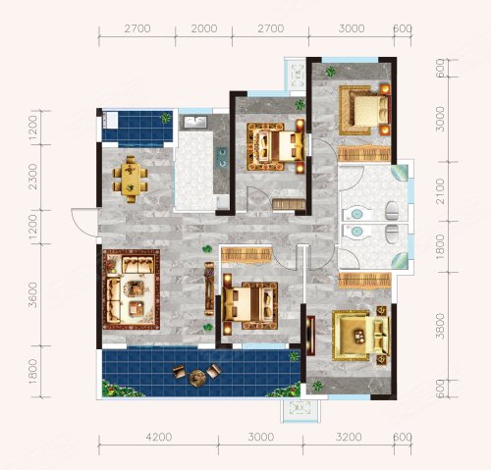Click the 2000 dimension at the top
(204, 28)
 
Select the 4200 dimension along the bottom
(159, 437)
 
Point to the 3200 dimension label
(349, 437)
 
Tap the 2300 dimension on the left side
(33, 177)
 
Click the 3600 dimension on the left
(33, 295)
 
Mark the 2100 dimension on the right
(441, 191)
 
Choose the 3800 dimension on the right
(441, 326)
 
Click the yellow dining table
(131, 179)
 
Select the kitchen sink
(194, 122)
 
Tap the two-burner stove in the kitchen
(222, 157)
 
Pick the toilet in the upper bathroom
(392, 211)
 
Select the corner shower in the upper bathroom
(400, 173)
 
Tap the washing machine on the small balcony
(110, 120)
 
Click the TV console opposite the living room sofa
(209, 288)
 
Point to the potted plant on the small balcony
(166, 118)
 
